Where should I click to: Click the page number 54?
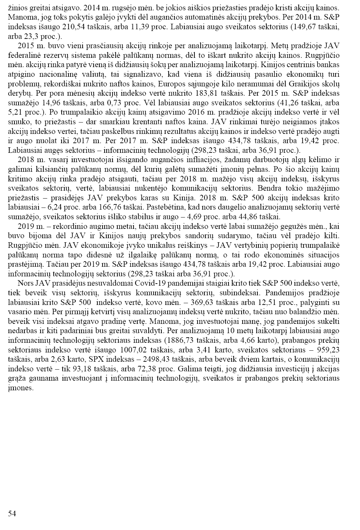tap(12, 514)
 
